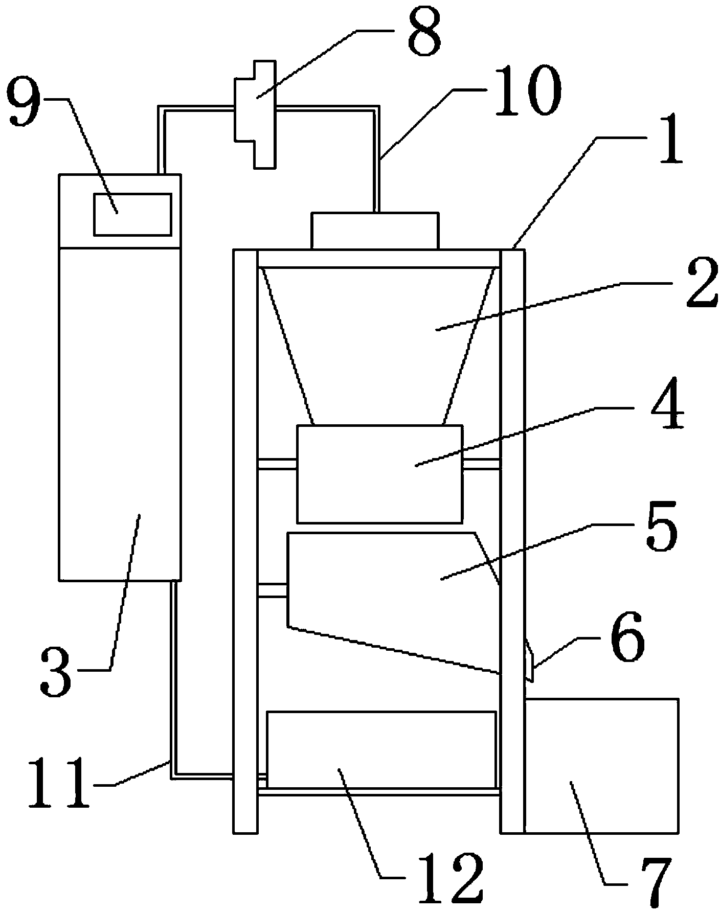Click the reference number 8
coord(424,34)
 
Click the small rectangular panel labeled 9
coord(132,214)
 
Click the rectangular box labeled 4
coord(379,474)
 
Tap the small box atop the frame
coord(375,231)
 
